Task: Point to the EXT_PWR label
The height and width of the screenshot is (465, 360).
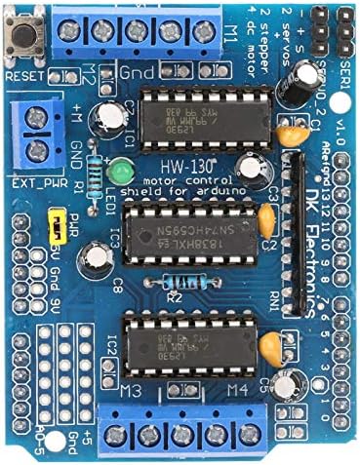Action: click(x=27, y=181)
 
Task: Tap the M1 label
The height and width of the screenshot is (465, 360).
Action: click(x=230, y=29)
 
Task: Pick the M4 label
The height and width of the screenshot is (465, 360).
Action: click(x=235, y=391)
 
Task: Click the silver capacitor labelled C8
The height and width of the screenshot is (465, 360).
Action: click(x=97, y=258)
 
